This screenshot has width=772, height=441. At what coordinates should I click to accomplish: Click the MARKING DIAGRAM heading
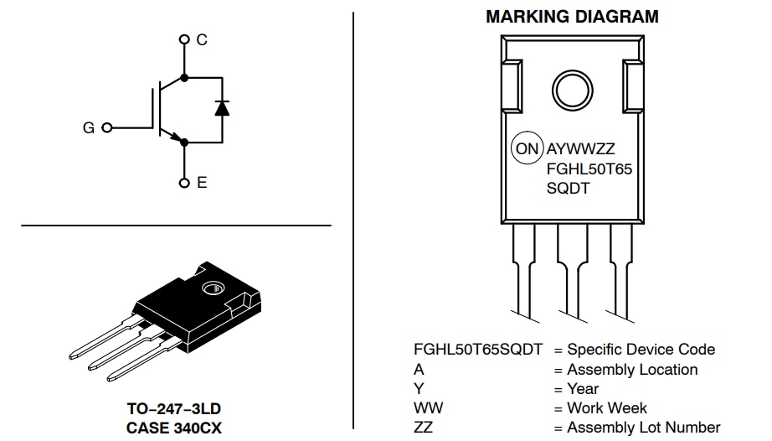point(572,17)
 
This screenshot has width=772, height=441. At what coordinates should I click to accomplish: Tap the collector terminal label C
point(202,39)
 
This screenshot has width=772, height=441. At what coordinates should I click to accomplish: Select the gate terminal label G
point(88,128)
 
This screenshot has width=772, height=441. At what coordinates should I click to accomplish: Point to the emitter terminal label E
point(202,182)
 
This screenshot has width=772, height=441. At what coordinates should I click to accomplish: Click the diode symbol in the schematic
point(222,107)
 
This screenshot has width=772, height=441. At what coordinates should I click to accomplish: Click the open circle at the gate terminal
point(106,128)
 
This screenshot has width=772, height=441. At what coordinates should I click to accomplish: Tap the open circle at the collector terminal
point(184,39)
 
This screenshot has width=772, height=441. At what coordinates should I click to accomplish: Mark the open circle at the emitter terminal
point(184,182)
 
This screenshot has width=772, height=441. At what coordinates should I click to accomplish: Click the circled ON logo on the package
point(528,148)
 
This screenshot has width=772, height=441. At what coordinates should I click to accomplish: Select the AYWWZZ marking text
point(581,149)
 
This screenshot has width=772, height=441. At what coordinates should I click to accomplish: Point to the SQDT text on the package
point(568,189)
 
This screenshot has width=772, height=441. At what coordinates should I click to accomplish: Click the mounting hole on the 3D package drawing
point(212,288)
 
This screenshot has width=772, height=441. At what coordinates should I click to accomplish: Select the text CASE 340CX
point(173,428)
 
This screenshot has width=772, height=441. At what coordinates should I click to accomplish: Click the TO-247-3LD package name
point(173,409)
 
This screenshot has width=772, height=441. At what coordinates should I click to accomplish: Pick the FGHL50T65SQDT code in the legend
point(477,350)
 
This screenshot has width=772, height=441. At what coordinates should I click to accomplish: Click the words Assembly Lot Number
point(643,428)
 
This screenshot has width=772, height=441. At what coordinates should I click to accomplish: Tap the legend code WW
point(428,408)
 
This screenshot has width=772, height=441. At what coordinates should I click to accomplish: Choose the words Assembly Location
point(632,370)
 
